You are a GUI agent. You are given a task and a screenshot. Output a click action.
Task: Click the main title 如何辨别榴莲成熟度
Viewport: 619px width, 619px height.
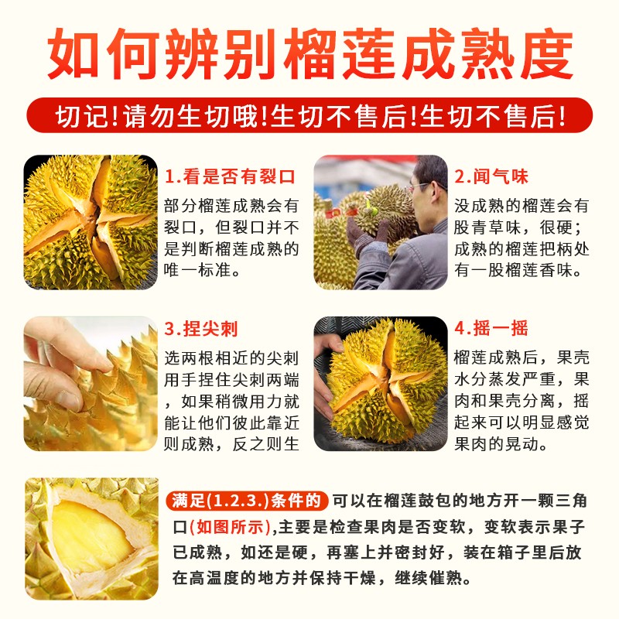(x=310, y=54)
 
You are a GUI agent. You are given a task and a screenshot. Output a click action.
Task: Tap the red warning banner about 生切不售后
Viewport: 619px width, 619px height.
(x=310, y=116)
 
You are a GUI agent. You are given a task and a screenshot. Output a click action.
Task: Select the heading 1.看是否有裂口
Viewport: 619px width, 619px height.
(x=230, y=176)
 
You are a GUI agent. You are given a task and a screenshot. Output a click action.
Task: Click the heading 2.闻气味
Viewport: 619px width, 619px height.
(x=491, y=176)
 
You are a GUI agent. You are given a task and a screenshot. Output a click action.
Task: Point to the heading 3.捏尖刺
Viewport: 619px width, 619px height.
(x=201, y=328)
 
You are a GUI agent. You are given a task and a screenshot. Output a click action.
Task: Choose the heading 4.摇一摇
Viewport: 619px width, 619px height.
(x=491, y=328)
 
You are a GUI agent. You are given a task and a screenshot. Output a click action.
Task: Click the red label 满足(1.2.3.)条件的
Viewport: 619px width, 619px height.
(x=247, y=501)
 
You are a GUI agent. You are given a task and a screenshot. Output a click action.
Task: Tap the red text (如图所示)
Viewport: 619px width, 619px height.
(x=230, y=527)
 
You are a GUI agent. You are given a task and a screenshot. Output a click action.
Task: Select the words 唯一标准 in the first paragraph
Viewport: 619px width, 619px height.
(x=197, y=270)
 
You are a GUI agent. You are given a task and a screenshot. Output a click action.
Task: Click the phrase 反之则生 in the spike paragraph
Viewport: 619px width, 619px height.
(x=265, y=443)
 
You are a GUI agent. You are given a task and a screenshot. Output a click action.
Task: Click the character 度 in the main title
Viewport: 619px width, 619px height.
(x=547, y=54)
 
